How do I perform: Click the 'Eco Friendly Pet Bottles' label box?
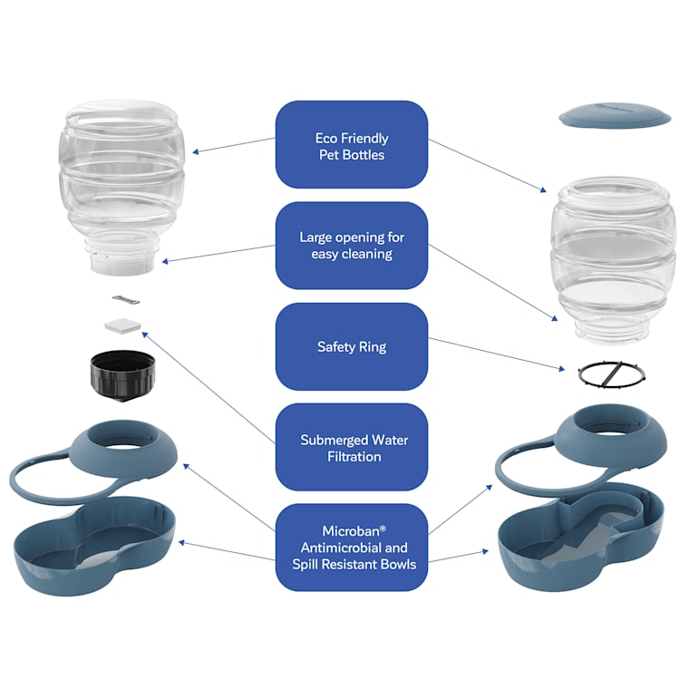[352, 144]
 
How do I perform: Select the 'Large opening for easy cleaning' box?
[352, 246]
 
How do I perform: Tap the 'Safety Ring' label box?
[352, 346]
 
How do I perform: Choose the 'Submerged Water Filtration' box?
[352, 447]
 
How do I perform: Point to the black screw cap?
[122, 376]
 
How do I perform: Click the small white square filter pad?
[122, 325]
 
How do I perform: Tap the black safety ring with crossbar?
[612, 374]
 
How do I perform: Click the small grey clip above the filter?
[126, 300]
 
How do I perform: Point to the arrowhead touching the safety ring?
[561, 369]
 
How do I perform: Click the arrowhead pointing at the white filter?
[145, 335]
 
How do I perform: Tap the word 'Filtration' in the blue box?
[354, 457]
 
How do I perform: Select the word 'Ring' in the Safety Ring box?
[373, 347]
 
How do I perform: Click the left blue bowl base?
[94, 546]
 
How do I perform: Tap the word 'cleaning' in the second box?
[367, 255]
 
